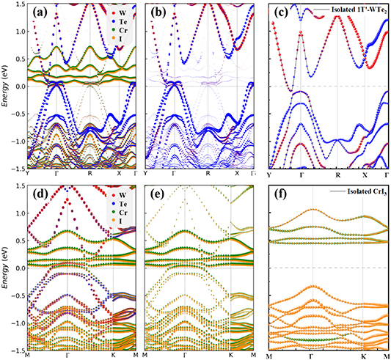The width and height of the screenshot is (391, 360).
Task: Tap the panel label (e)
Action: coord(158,195)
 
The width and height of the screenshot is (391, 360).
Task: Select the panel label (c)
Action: coord(280,12)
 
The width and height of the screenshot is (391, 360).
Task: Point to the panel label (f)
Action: coord(281,196)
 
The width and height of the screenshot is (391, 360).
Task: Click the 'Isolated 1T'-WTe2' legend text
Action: coord(352,10)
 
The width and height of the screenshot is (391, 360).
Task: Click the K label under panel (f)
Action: coord(363,356)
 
